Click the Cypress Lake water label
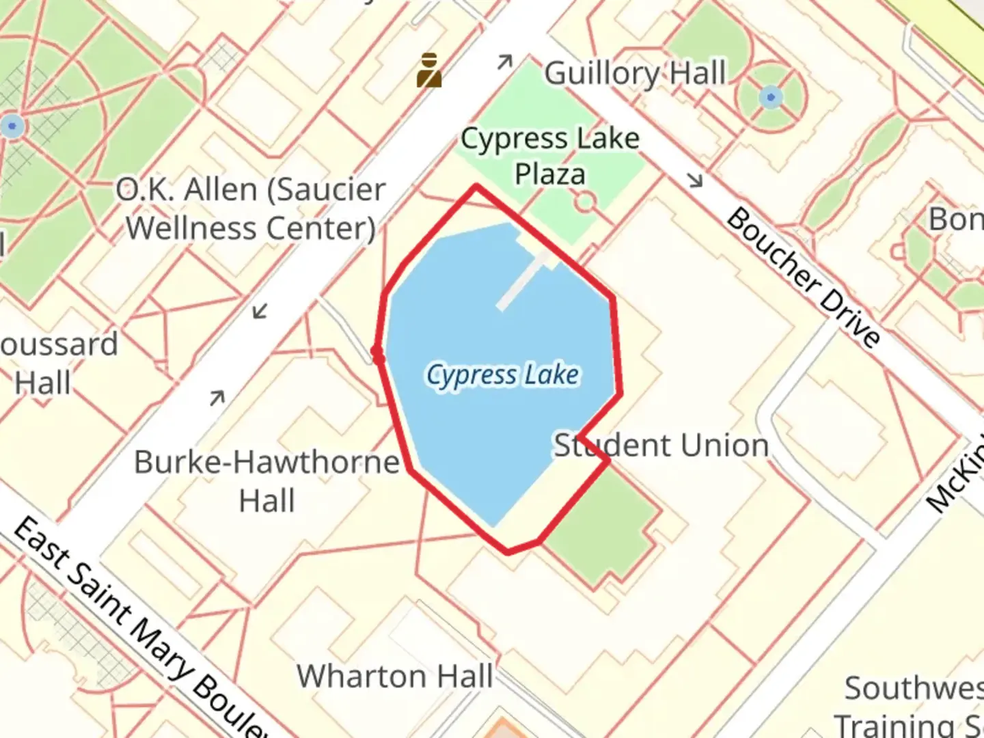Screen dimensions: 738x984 tap(503, 374)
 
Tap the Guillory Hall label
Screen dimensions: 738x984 tap(635, 73)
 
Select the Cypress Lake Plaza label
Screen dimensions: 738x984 tap(550, 156)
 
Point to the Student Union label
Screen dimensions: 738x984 tap(661, 446)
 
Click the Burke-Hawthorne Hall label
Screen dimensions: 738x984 tap(267, 481)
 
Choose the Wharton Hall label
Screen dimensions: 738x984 tap(395, 676)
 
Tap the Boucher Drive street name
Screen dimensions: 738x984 tap(803, 277)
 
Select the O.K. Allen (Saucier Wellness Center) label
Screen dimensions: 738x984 tap(251, 208)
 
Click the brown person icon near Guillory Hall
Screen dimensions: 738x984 tap(429, 70)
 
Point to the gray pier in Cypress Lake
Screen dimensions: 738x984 tap(522, 281)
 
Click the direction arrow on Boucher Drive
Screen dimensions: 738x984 tap(695, 180)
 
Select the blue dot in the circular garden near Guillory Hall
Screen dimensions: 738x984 tap(771, 97)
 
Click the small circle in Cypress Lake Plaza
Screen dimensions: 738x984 tap(585, 202)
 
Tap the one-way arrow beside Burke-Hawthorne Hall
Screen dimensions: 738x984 tap(217, 397)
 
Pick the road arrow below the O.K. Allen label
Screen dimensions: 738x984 tap(260, 312)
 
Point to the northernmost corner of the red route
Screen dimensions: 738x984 tap(476, 186)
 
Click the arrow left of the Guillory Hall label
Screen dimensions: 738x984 tap(505, 62)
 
